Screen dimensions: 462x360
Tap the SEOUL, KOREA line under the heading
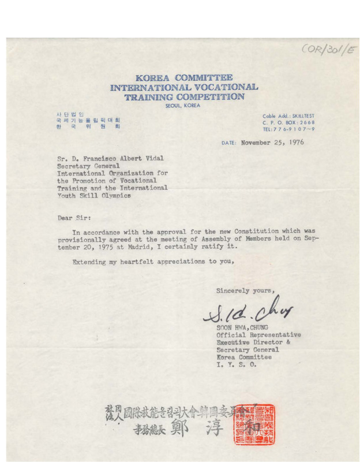(184, 106)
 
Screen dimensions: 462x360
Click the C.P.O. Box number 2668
(305, 123)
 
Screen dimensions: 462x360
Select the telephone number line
(288, 130)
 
